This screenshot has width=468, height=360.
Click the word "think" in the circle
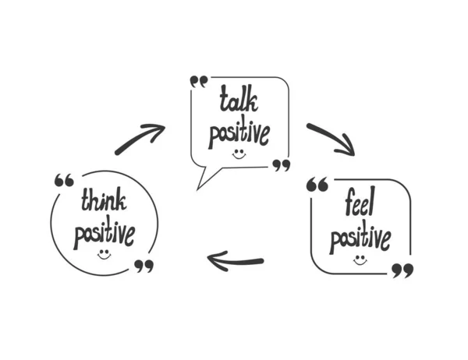coord(103,202)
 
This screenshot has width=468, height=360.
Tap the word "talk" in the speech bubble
coord(239,101)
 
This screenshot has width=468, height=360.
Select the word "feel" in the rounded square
coord(360,205)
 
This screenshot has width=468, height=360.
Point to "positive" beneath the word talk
coord(239,133)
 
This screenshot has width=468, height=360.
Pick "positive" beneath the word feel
coord(360,238)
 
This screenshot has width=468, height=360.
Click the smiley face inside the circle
coord(104,254)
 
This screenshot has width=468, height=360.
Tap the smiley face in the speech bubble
coord(239,154)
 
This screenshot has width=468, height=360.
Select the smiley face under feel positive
coord(360,259)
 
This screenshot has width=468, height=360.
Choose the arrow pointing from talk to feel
coord(330,138)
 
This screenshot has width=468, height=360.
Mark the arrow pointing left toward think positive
coord(235,260)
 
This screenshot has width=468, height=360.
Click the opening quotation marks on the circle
coord(64,181)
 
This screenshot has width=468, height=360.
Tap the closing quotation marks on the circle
coord(144,266)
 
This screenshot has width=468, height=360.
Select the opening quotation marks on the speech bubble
coord(199,81)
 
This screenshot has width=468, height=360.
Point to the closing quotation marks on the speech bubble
coord(281,164)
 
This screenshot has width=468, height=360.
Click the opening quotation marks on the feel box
coord(317,185)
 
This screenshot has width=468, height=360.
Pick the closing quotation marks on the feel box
coord(402,270)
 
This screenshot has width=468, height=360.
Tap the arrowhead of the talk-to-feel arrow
coord(346,149)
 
